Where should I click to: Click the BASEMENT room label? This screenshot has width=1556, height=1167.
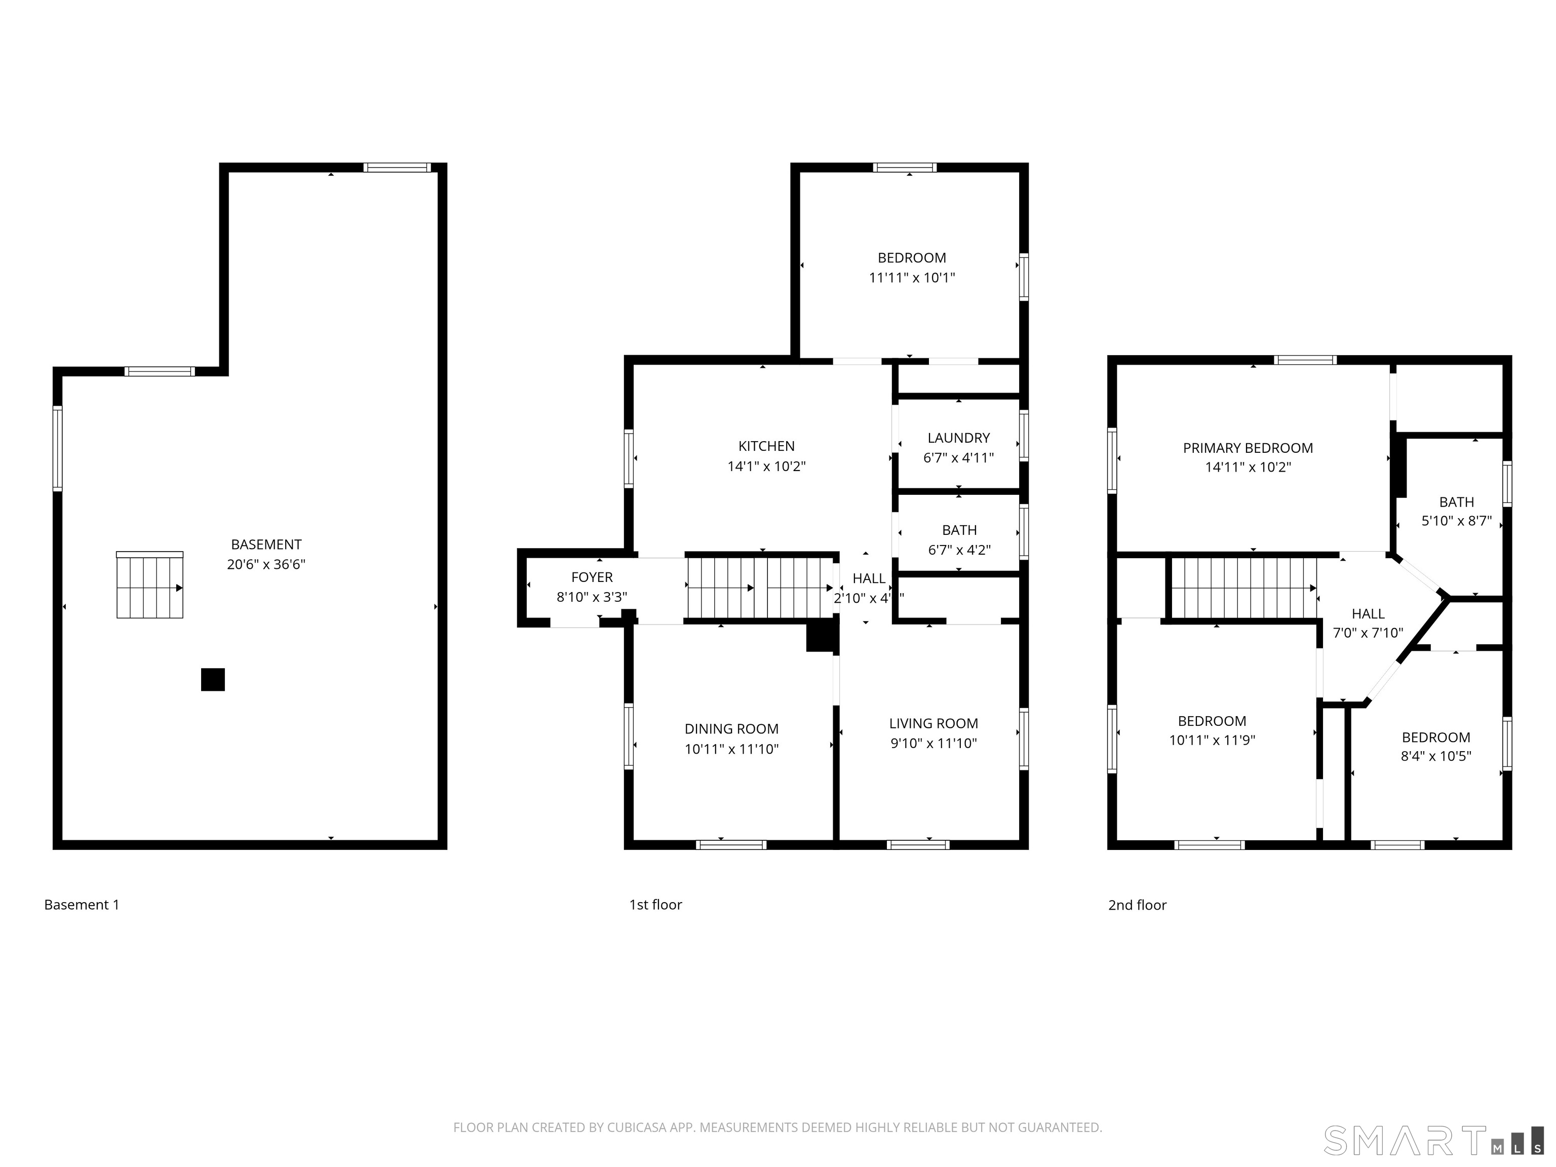click(x=266, y=544)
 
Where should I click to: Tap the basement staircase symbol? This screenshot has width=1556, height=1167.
click(x=150, y=585)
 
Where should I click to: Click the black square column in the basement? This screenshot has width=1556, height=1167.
click(x=213, y=680)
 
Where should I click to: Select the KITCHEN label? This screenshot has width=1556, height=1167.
click(x=767, y=446)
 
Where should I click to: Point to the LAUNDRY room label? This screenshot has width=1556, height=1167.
click(x=959, y=438)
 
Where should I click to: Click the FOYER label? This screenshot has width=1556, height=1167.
click(x=592, y=577)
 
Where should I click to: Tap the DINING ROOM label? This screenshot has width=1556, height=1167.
click(x=731, y=729)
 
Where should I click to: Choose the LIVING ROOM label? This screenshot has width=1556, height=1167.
click(x=933, y=724)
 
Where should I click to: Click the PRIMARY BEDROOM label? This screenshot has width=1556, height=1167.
click(x=1248, y=448)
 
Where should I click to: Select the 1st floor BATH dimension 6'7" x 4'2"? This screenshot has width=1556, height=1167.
click(x=959, y=550)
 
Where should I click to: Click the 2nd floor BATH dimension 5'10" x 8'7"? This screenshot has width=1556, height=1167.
click(x=1457, y=521)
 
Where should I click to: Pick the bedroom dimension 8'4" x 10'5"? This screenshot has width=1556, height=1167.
click(x=1436, y=756)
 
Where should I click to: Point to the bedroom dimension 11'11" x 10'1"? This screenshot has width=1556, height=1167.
click(x=912, y=278)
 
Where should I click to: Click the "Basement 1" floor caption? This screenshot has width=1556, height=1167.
click(x=82, y=905)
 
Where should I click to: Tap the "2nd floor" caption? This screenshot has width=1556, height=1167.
click(x=1138, y=905)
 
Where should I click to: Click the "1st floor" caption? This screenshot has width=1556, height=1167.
click(x=655, y=905)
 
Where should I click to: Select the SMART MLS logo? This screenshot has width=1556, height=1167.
click(x=1433, y=1140)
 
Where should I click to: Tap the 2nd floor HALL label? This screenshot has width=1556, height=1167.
click(x=1368, y=614)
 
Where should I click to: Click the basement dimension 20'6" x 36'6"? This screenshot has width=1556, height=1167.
click(x=266, y=564)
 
